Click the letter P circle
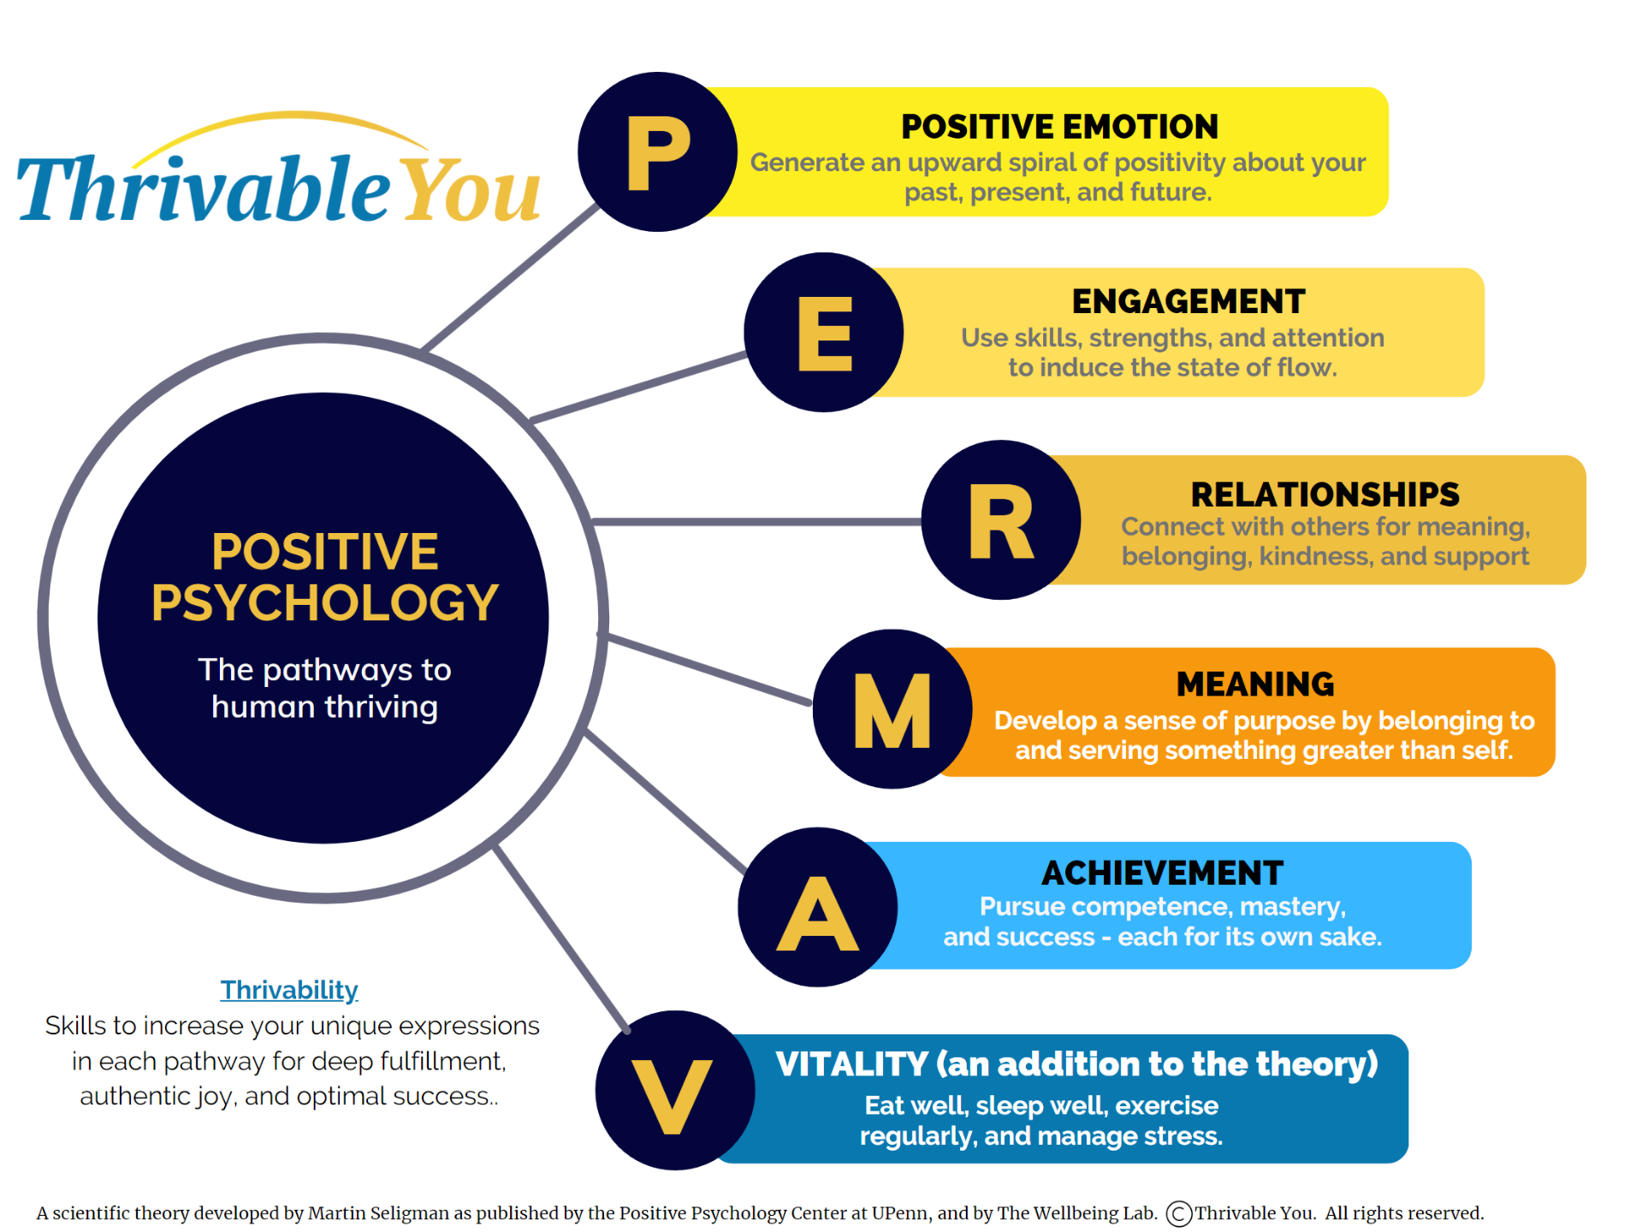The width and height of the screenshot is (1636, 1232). click(x=657, y=151)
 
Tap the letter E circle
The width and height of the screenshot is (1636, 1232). click(x=823, y=332)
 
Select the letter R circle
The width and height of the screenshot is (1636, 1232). click(x=1000, y=520)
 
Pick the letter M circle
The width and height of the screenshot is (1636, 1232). click(x=892, y=709)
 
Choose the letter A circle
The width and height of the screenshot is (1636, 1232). click(x=817, y=907)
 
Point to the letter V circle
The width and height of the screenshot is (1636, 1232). click(x=674, y=1091)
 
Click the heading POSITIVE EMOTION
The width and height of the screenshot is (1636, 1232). click(x=1059, y=127)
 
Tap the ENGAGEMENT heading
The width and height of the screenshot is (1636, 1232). click(x=1188, y=301)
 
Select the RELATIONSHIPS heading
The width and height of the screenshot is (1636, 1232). click(x=1325, y=495)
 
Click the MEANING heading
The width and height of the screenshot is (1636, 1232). click(x=1255, y=684)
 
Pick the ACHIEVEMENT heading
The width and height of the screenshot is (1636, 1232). click(x=1162, y=873)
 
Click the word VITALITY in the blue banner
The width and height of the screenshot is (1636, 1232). click(x=851, y=1064)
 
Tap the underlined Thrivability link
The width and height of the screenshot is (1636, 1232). click(x=289, y=990)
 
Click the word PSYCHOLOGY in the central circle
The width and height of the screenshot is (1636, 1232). click(x=325, y=602)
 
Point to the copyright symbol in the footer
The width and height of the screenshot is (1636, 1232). click(x=1179, y=1213)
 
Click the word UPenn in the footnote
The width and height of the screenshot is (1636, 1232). click(x=900, y=1213)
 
